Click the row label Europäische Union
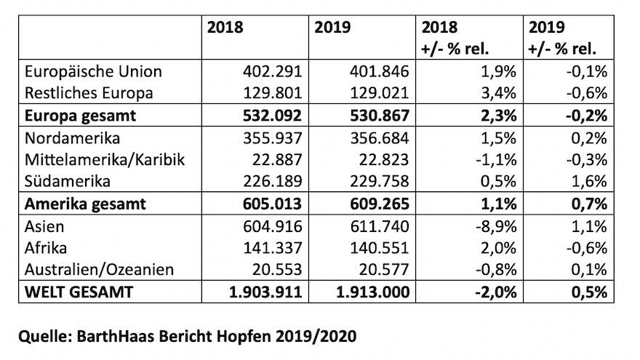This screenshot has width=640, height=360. pyautogui.click(x=93, y=72)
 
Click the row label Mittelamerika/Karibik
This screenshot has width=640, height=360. pyautogui.click(x=105, y=159)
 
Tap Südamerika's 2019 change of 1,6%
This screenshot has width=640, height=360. pyautogui.click(x=591, y=182)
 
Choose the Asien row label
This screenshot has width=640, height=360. pyautogui.click(x=45, y=226)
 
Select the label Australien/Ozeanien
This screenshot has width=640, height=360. pyautogui.click(x=100, y=270)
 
